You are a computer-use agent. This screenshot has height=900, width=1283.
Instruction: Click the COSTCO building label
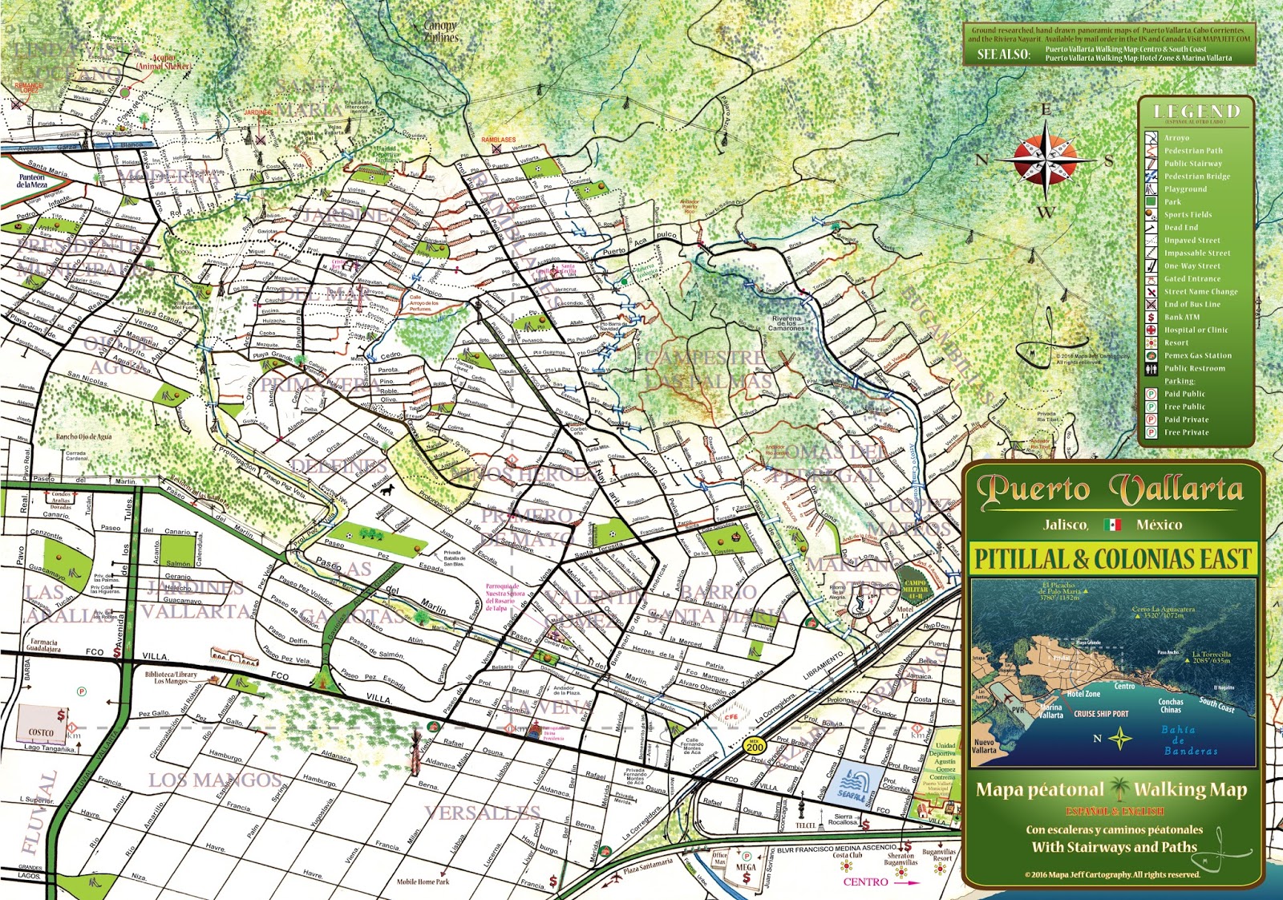[x=41, y=732]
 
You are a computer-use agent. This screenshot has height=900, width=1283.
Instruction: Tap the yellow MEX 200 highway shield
[x=755, y=746]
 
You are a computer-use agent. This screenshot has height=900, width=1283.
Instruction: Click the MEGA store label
[x=746, y=867]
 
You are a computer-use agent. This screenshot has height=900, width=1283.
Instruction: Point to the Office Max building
[x=720, y=859]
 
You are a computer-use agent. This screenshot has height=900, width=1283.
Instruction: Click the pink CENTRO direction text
[x=865, y=882]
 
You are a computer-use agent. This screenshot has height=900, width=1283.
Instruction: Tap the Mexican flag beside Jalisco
[x=1111, y=525]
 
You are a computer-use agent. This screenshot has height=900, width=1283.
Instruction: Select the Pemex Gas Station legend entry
[x=1197, y=355]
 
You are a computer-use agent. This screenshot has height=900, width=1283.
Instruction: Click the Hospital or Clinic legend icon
[x=1151, y=330]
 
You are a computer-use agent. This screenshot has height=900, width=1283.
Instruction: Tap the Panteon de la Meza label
[x=32, y=180]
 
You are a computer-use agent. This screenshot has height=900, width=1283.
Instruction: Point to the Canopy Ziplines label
[x=440, y=31]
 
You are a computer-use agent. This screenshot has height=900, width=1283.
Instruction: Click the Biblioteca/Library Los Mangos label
[x=171, y=678]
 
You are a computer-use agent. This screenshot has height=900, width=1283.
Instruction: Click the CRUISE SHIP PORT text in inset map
[x=1100, y=714]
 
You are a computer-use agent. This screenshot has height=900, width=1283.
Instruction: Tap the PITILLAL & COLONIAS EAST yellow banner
[x=1112, y=558]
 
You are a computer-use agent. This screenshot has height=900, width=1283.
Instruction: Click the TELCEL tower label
[x=805, y=825]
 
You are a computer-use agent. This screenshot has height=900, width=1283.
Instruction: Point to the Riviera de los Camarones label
[x=786, y=323]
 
